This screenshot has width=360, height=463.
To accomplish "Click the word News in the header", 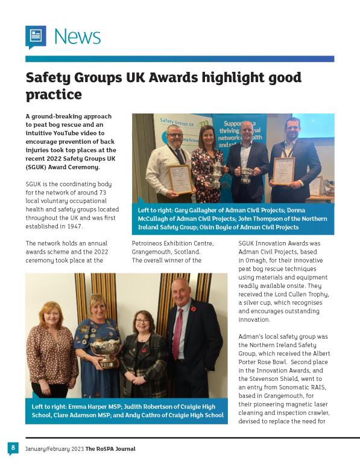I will [77, 36].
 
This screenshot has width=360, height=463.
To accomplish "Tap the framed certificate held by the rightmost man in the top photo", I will [283, 171].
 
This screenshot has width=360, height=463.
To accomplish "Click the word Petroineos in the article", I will [148, 243].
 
